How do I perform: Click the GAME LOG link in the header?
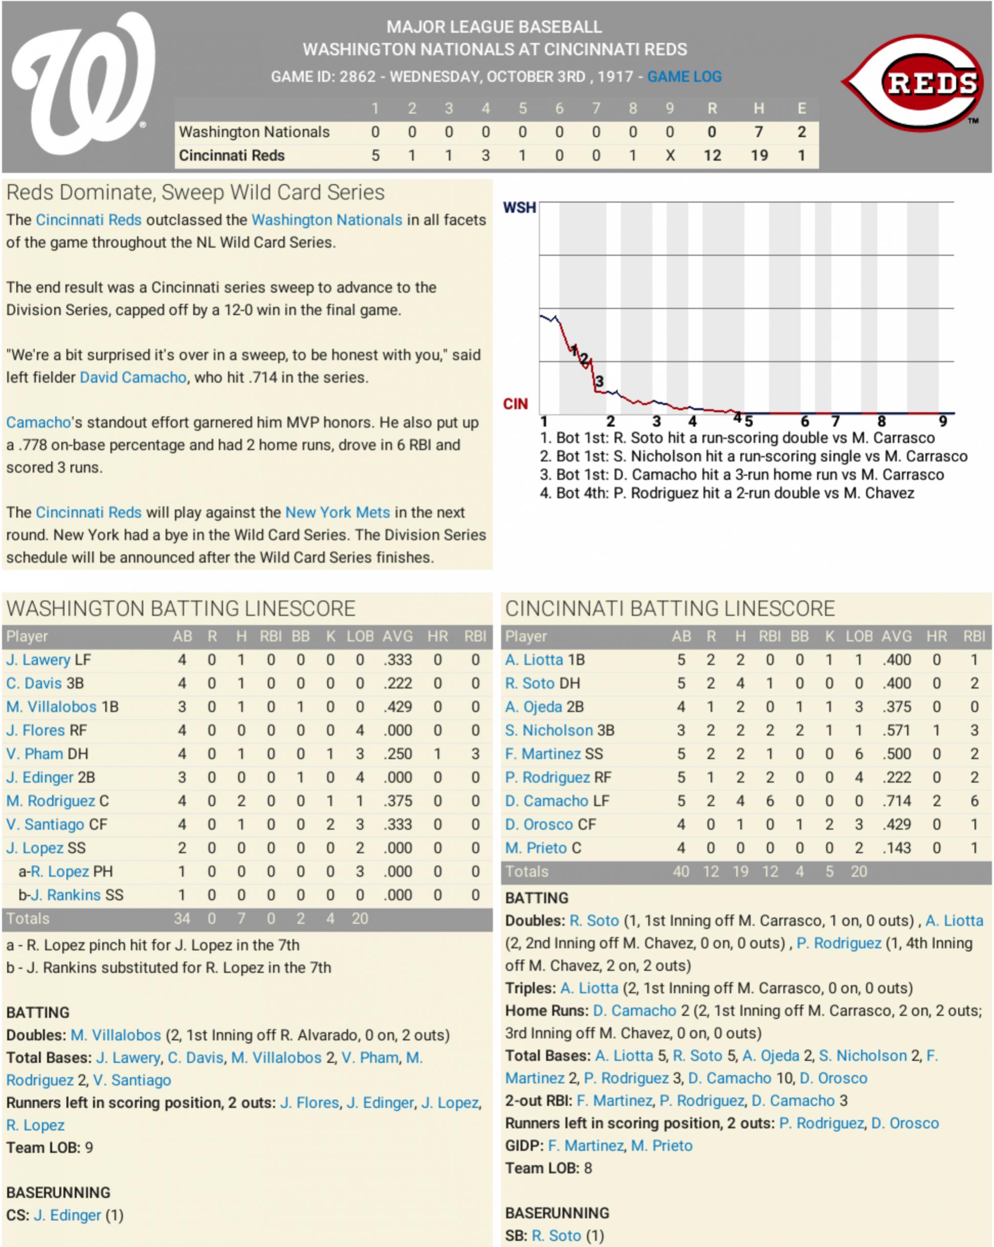tap(684, 76)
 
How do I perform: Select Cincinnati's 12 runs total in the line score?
tap(712, 156)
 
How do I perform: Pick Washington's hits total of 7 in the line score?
tap(759, 132)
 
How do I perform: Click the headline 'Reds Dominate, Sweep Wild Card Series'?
tap(195, 192)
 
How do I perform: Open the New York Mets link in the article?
tap(338, 512)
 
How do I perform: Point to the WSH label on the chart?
tap(519, 208)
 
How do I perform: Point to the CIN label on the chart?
tap(515, 404)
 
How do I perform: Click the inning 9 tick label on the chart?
tap(942, 421)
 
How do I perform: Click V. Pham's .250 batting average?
tap(398, 754)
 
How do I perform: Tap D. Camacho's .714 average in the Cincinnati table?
tap(897, 801)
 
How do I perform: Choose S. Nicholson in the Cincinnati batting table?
tap(549, 731)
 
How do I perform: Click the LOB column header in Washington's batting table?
tap(360, 636)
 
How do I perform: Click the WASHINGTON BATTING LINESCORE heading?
tap(181, 608)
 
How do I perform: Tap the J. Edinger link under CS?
tap(67, 1215)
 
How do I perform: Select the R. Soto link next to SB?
tap(556, 1235)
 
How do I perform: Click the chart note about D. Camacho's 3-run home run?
tap(742, 475)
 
